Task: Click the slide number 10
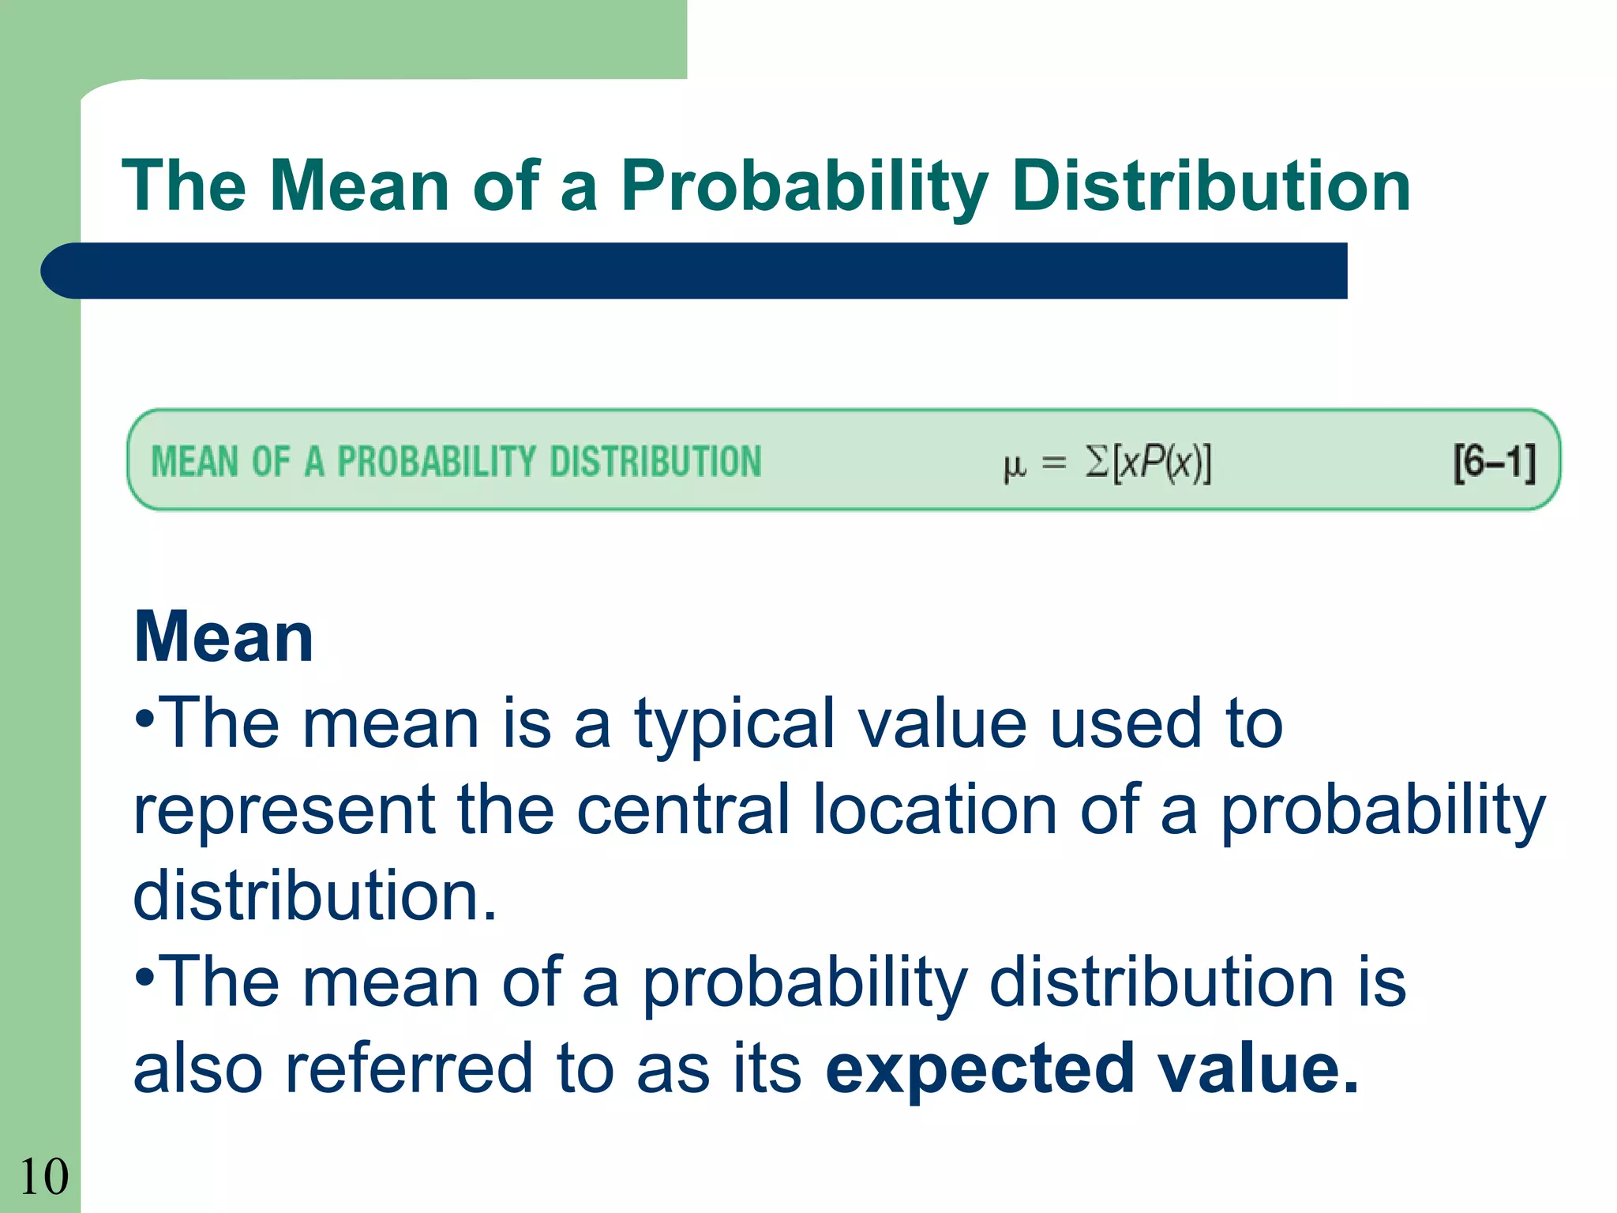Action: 43,1177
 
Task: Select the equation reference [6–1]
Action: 1495,462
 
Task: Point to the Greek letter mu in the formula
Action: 1015,466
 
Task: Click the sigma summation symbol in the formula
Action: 1097,462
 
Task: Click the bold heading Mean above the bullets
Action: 224,637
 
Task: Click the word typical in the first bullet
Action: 733,724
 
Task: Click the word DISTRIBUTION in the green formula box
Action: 655,462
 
